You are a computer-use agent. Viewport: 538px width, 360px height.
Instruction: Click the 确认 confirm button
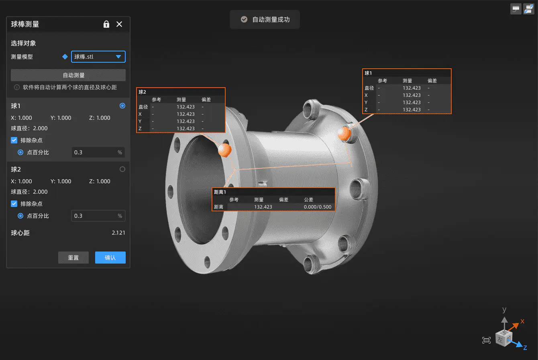[110, 258]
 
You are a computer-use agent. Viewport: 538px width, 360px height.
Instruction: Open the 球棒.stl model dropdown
[98, 57]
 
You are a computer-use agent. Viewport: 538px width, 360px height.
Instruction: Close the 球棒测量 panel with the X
[119, 24]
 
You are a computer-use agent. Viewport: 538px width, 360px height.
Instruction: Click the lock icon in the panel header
[106, 24]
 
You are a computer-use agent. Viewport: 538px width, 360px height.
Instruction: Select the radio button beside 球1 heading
[122, 106]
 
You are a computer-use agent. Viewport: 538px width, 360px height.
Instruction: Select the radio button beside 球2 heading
[122, 169]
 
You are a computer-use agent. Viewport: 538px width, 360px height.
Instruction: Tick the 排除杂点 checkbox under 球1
[14, 140]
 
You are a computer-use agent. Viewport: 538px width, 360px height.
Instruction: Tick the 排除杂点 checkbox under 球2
[14, 204]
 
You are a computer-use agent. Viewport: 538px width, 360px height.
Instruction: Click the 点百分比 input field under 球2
[98, 216]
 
